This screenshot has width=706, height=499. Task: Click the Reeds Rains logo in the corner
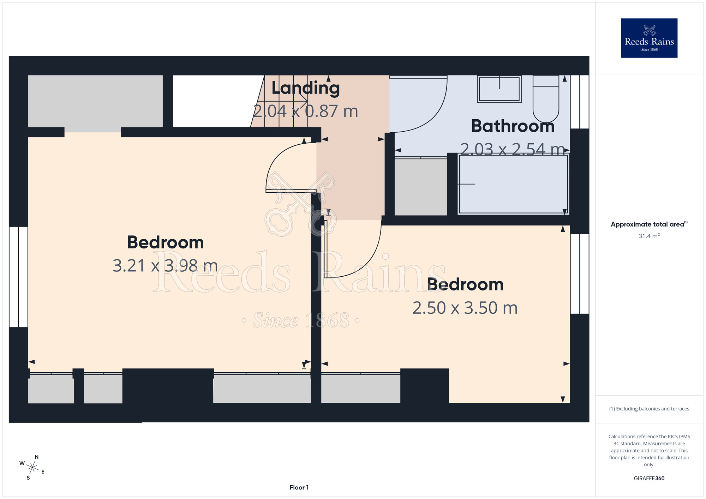(649, 38)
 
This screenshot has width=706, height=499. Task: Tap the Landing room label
(306, 88)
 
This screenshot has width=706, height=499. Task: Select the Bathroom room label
(513, 126)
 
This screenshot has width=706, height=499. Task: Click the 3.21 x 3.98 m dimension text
(165, 266)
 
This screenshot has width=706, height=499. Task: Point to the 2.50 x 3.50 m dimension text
(465, 308)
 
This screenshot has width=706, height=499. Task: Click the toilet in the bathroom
(546, 99)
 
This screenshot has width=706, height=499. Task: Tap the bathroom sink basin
(499, 89)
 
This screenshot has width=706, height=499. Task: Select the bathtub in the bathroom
(513, 184)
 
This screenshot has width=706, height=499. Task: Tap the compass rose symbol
(32, 468)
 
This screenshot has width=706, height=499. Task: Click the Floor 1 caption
(299, 487)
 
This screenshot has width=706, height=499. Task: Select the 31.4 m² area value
(649, 236)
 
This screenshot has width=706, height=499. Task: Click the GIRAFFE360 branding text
(649, 479)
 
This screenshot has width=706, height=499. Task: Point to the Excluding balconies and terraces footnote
(649, 409)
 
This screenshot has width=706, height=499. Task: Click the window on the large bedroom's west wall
(18, 277)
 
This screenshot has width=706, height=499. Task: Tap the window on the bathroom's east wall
(580, 102)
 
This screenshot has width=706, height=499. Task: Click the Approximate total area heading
(649, 224)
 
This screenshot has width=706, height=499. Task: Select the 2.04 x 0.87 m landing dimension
(306, 111)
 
